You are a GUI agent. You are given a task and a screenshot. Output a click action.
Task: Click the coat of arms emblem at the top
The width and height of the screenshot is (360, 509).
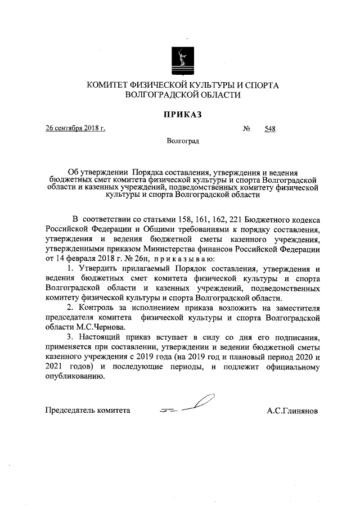click(x=181, y=58)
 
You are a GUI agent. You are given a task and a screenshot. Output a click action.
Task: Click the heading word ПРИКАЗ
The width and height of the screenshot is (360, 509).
click(x=182, y=115)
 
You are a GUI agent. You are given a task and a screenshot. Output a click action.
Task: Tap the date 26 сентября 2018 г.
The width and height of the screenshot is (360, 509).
click(x=76, y=128)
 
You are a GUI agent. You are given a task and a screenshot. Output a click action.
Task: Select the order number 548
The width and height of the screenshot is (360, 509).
click(x=269, y=128)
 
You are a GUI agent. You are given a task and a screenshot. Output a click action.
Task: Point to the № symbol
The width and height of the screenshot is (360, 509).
click(x=246, y=128)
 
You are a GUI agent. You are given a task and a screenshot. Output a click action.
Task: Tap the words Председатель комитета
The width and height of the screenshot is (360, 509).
click(x=88, y=411)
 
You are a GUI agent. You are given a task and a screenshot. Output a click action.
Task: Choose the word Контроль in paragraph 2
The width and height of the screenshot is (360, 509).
click(x=99, y=307)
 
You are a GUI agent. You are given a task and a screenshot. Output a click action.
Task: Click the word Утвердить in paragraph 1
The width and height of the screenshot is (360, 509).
click(x=96, y=269)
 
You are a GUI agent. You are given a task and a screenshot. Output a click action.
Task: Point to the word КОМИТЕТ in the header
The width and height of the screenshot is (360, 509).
click(x=109, y=85)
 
